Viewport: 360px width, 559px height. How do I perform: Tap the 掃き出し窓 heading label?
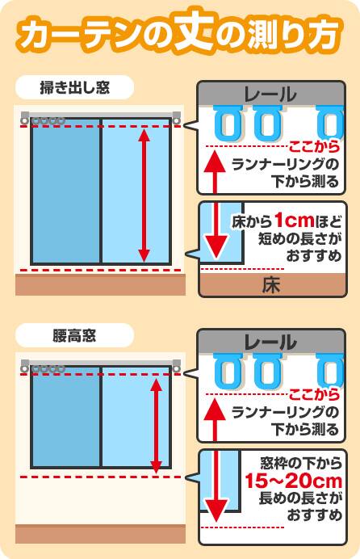(x=75, y=88)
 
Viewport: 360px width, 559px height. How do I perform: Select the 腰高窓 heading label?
(x=74, y=336)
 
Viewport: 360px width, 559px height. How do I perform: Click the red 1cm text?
(x=294, y=221)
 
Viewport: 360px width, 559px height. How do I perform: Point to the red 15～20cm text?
(x=294, y=481)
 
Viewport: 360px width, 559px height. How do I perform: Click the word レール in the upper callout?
(x=270, y=95)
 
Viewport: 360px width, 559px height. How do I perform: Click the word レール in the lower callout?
(x=270, y=343)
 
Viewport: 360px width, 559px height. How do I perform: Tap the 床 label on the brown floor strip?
(x=271, y=286)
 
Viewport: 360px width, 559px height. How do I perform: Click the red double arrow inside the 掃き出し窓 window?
(x=144, y=195)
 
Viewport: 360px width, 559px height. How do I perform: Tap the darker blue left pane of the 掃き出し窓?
(x=65, y=191)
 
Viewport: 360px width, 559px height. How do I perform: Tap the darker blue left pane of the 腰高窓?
(x=65, y=417)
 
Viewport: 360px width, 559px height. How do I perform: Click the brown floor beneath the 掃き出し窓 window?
(x=100, y=284)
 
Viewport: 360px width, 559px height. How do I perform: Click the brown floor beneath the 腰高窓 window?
(x=100, y=534)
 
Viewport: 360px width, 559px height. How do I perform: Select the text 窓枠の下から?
(x=301, y=464)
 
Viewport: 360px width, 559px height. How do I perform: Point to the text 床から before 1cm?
(x=252, y=222)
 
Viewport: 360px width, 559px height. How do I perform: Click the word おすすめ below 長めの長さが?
(x=315, y=515)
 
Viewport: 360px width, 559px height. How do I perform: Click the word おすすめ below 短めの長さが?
(x=314, y=255)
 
